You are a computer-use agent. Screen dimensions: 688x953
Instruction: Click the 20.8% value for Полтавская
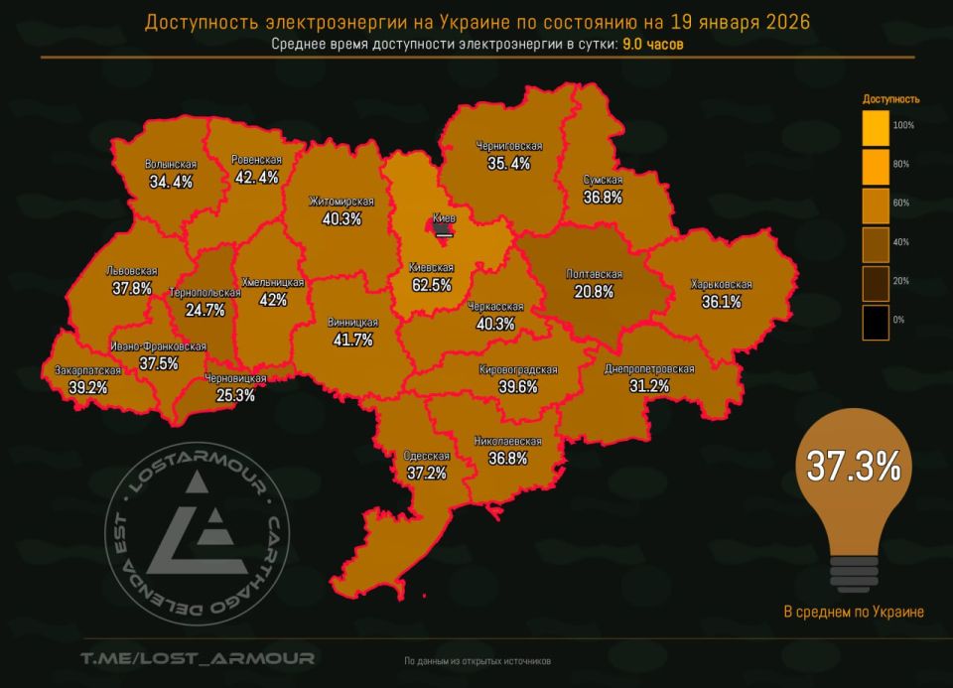click(594, 292)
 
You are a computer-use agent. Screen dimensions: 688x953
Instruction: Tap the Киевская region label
click(431, 268)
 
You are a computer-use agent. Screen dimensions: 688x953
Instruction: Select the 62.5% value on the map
click(431, 285)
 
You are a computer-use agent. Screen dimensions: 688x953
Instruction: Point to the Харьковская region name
click(722, 285)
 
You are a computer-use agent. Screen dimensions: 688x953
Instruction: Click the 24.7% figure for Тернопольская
click(205, 310)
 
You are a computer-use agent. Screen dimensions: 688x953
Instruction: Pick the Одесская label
click(427, 456)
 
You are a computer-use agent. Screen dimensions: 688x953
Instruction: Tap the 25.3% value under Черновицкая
click(235, 395)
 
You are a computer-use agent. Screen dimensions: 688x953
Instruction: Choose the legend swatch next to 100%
click(875, 126)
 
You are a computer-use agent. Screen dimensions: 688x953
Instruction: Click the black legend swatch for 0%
click(875, 321)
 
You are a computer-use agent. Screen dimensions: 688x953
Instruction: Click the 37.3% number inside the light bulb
click(853, 467)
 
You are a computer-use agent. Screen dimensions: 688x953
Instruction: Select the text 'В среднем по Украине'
click(853, 612)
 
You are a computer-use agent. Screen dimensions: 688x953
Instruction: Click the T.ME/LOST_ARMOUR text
click(198, 658)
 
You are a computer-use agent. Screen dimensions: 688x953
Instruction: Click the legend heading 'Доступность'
click(890, 99)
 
